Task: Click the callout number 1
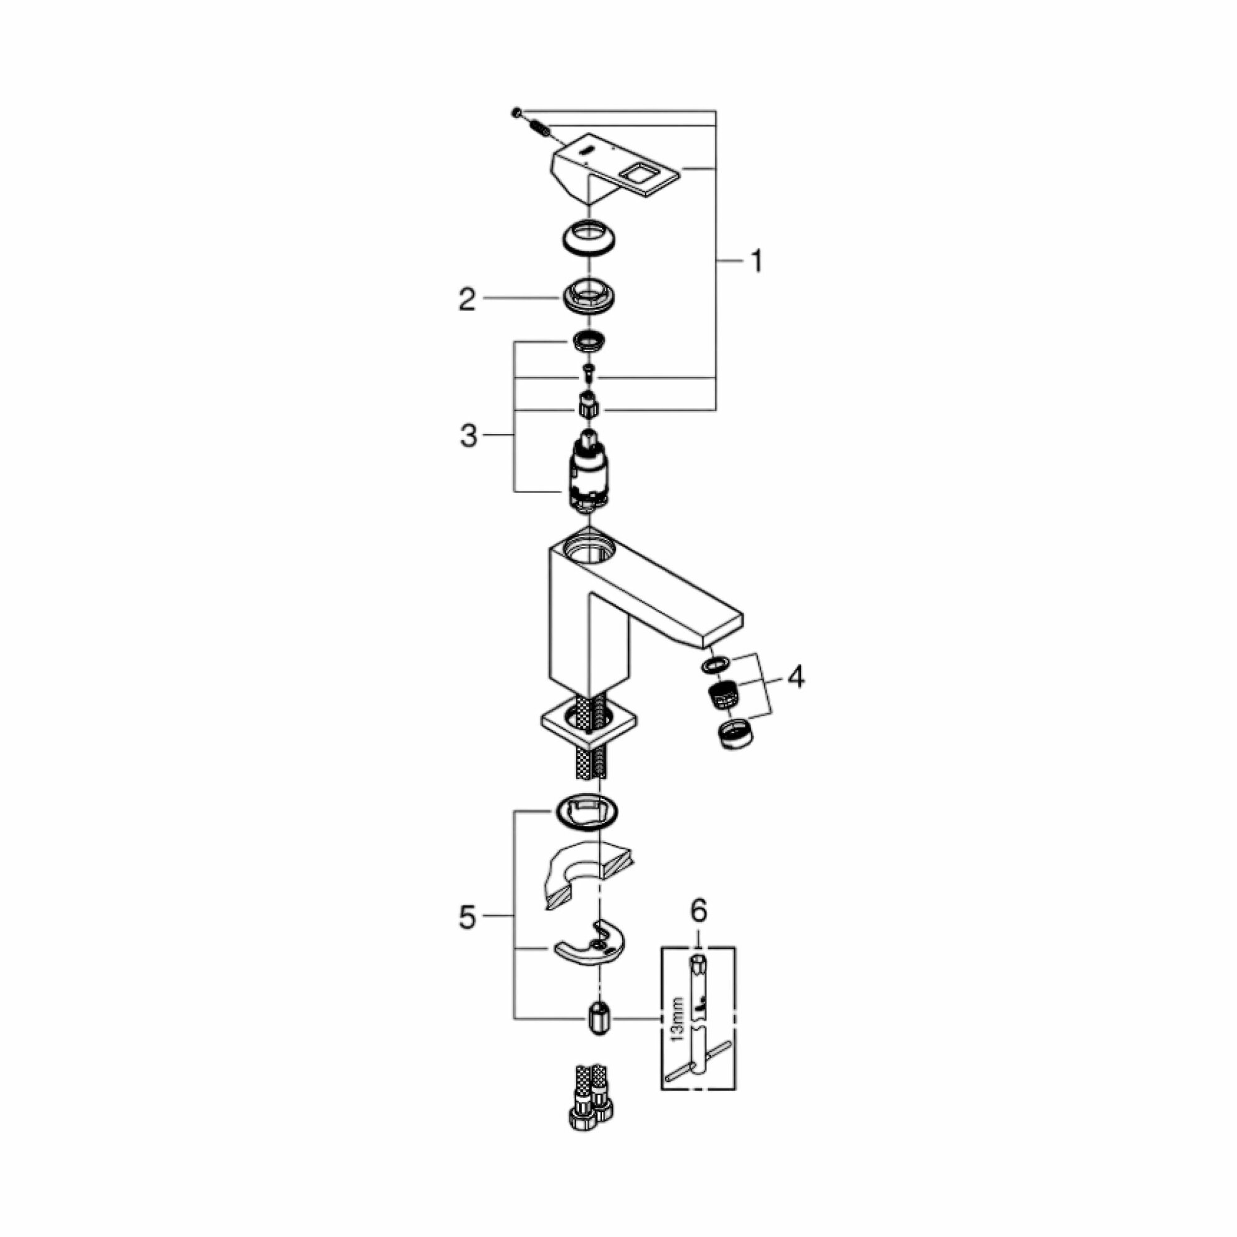(756, 262)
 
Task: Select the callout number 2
(467, 299)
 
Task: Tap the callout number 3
(469, 437)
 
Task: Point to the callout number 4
(795, 677)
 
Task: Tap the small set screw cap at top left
(516, 113)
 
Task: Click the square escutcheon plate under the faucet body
(589, 724)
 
